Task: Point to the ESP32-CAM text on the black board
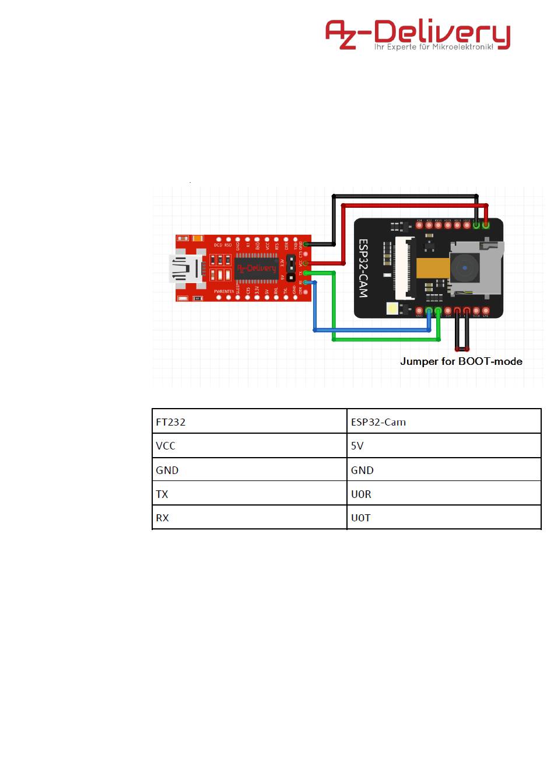coord(363,268)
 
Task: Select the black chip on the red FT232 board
coord(256,268)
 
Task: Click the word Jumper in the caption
coord(419,361)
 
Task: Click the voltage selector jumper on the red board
coord(290,269)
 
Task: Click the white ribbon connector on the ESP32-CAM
coord(402,265)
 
